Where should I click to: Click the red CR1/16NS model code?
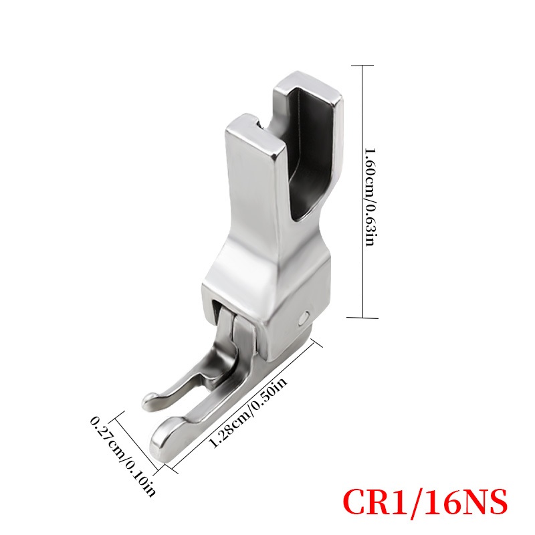pyautogui.click(x=425, y=503)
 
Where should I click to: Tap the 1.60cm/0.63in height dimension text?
pyautogui.click(x=370, y=197)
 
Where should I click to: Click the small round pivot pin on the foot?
pyautogui.click(x=302, y=319)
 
